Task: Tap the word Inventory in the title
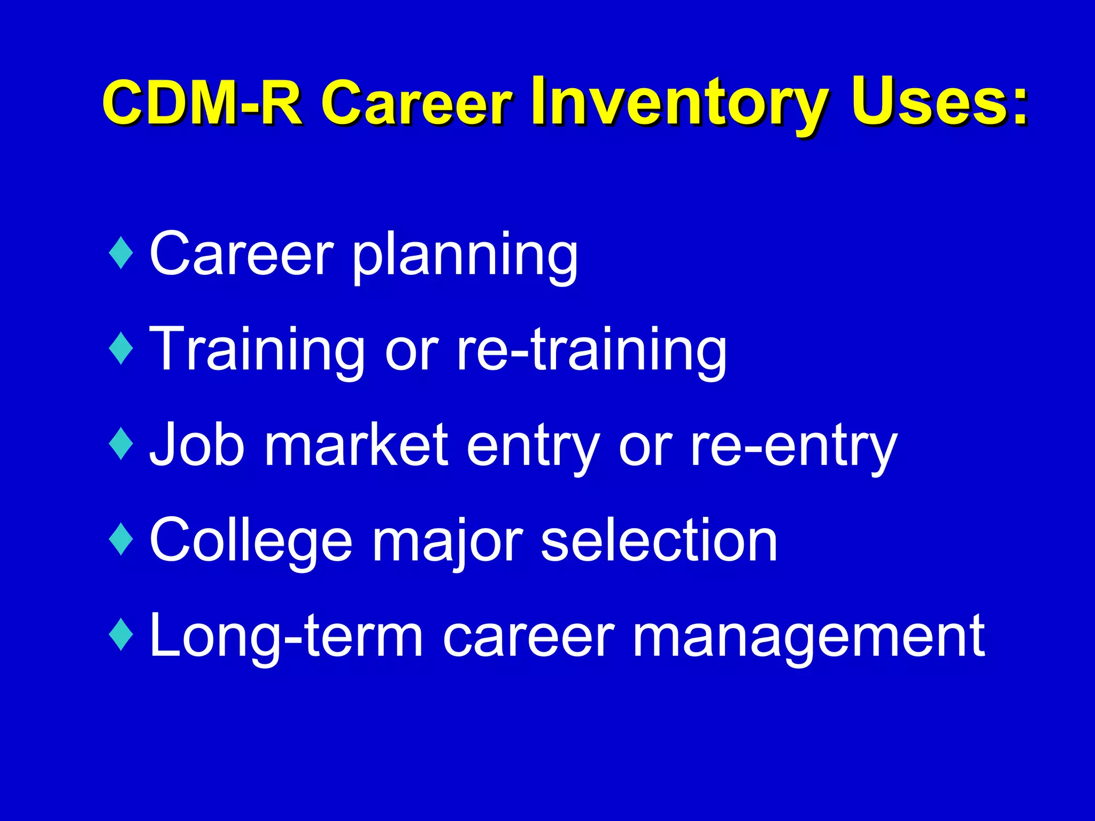pyautogui.click(x=679, y=102)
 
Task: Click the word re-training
pyautogui.click(x=591, y=350)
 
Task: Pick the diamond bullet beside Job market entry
pyautogui.click(x=121, y=443)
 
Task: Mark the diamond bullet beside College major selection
pyautogui.click(x=121, y=539)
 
